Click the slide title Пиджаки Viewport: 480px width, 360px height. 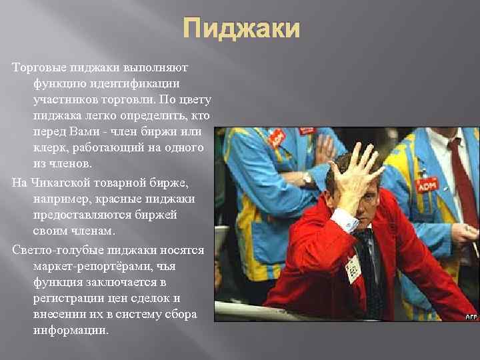[241, 30]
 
